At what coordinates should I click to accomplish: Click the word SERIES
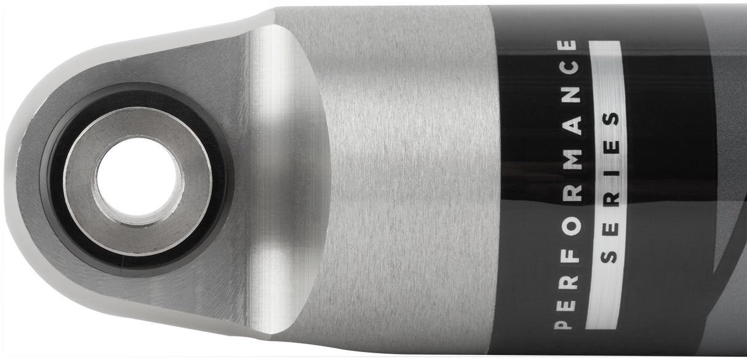[609, 188]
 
